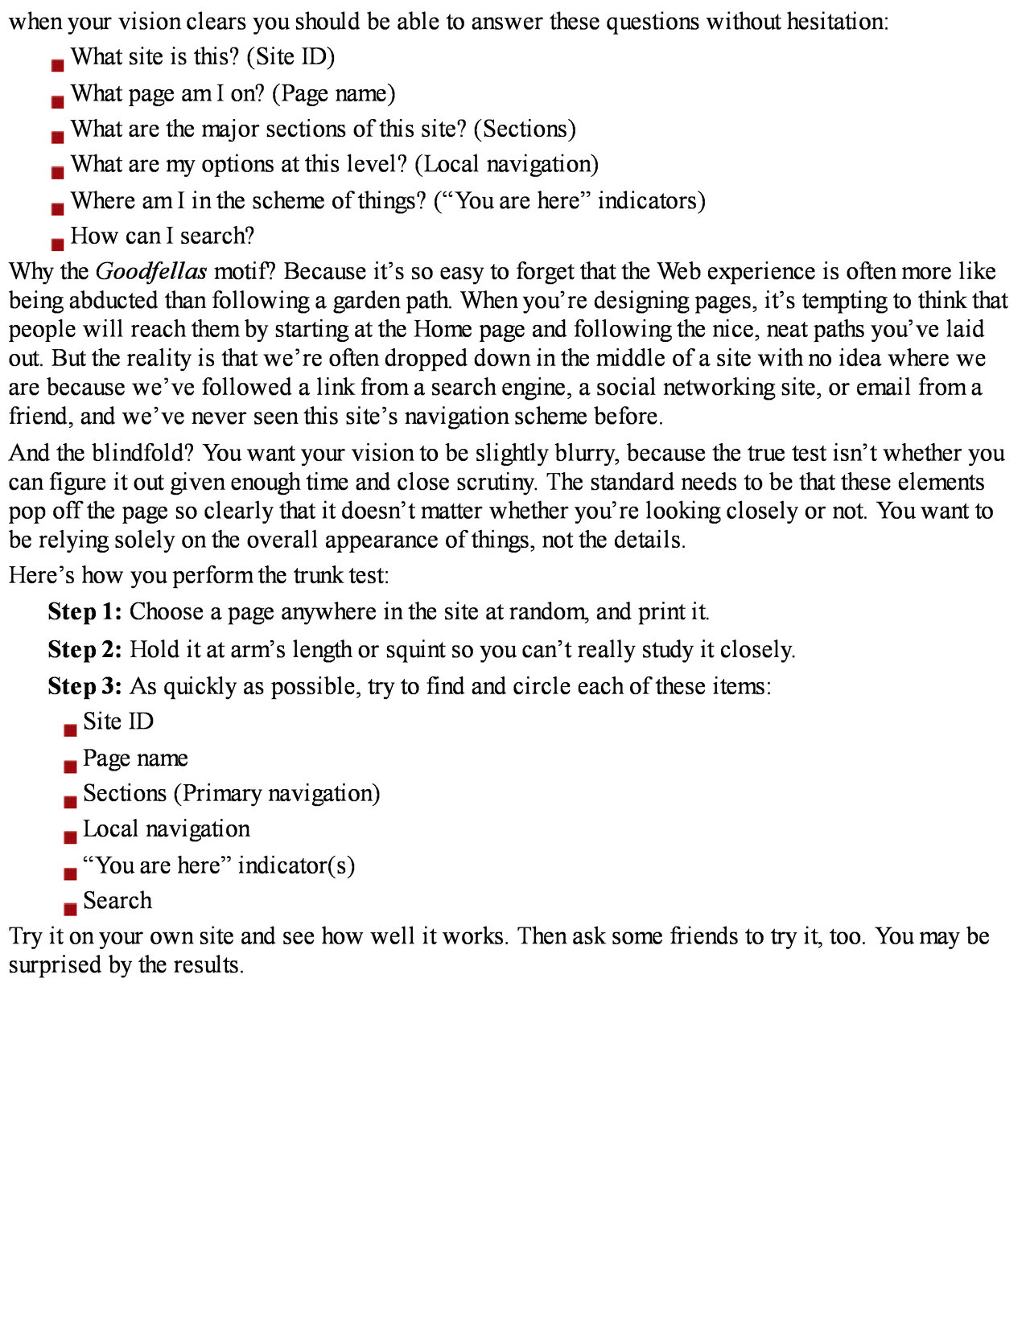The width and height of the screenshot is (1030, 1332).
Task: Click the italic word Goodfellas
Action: (151, 272)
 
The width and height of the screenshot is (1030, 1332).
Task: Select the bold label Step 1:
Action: (84, 612)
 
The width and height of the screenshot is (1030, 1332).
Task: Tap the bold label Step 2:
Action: (84, 649)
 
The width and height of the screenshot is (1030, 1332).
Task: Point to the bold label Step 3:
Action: (84, 686)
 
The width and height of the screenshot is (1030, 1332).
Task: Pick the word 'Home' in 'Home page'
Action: (443, 330)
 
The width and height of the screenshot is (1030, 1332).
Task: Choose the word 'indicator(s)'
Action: (296, 865)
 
